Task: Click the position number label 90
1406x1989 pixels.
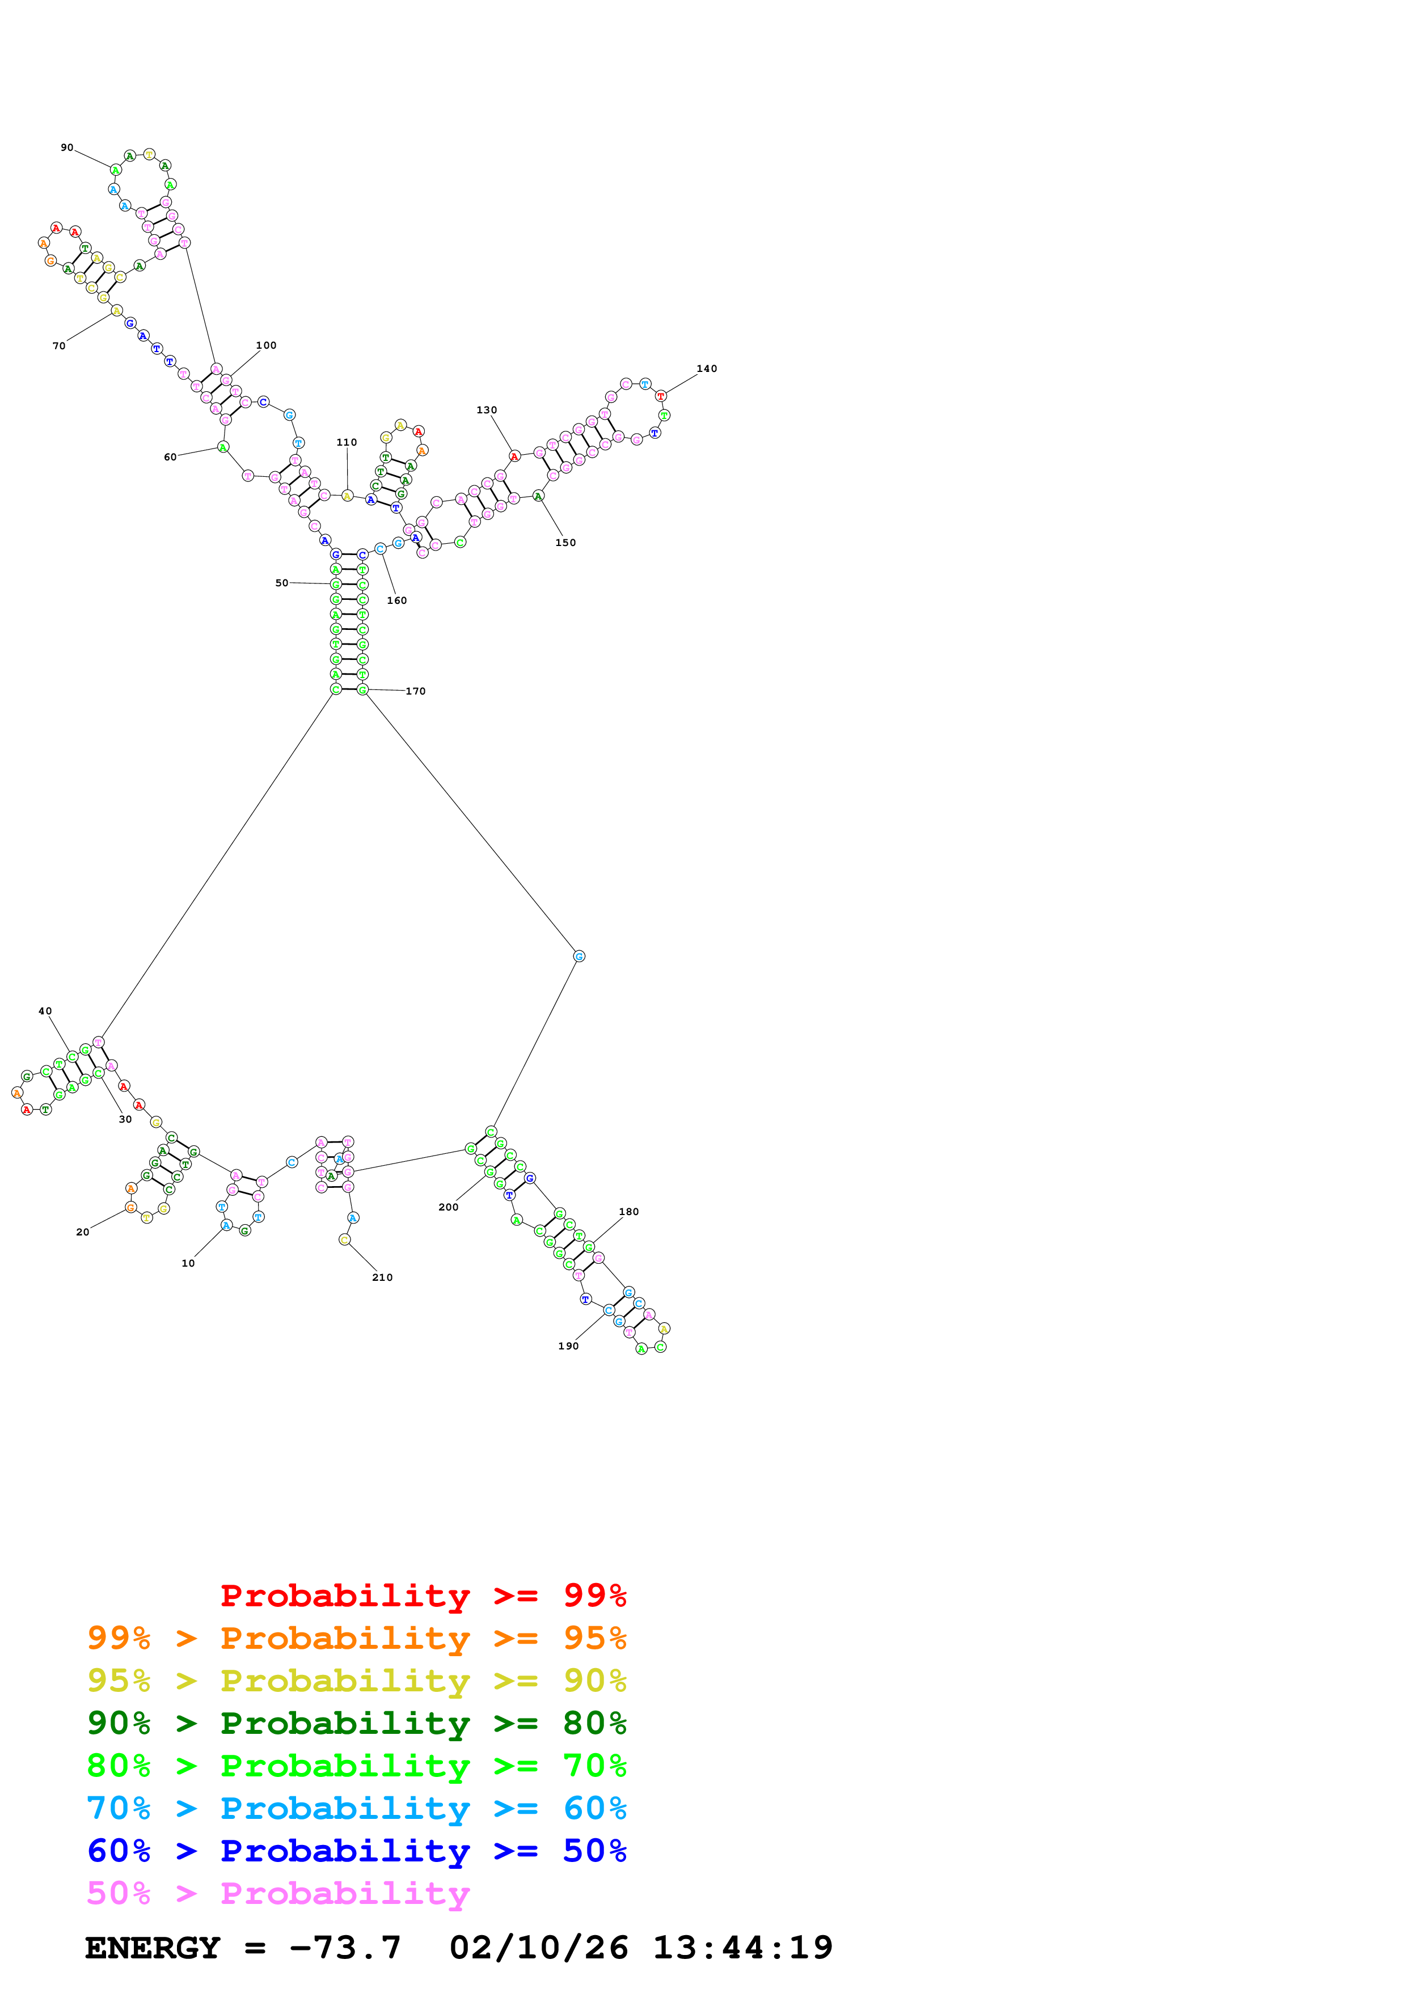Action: [x=67, y=148]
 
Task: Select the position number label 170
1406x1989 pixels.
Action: [x=416, y=691]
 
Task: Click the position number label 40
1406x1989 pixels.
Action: [x=45, y=1011]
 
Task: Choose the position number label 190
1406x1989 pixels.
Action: [x=568, y=1346]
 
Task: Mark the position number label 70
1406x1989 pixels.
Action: [x=59, y=346]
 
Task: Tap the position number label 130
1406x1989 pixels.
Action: [x=487, y=411]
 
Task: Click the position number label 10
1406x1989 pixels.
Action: [x=188, y=1264]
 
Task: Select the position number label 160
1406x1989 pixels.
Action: [x=397, y=601]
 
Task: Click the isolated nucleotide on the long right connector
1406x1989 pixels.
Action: [x=579, y=957]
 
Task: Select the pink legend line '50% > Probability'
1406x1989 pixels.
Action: [x=278, y=1894]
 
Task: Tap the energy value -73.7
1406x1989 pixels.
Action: [x=345, y=1948]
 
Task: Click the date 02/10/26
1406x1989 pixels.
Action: [x=538, y=1948]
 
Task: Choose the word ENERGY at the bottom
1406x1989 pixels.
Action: [x=153, y=1948]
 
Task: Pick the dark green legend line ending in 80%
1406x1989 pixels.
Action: [x=356, y=1723]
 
